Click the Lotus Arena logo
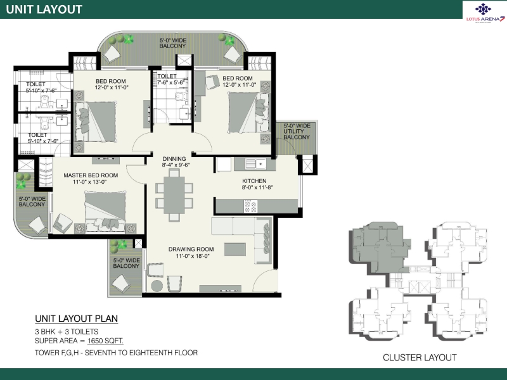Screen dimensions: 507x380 tap(485, 13)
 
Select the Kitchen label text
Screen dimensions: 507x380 tap(254, 181)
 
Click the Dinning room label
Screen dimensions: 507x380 tap(174, 159)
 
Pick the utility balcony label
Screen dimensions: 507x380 tap(297, 132)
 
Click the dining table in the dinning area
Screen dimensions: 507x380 tap(174, 195)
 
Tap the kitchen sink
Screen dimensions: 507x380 tap(255, 164)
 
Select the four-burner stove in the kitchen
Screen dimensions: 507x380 tap(250, 206)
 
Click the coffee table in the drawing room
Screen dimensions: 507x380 tap(234, 249)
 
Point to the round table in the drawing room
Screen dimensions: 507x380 tap(157, 286)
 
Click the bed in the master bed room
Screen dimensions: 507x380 tap(105, 212)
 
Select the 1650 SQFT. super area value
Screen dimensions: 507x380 tap(105, 341)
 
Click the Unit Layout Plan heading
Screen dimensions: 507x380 tap(76, 319)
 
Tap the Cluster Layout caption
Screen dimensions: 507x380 tap(420, 357)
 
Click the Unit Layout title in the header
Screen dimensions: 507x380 tap(44, 9)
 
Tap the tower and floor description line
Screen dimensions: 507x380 tap(116, 353)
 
